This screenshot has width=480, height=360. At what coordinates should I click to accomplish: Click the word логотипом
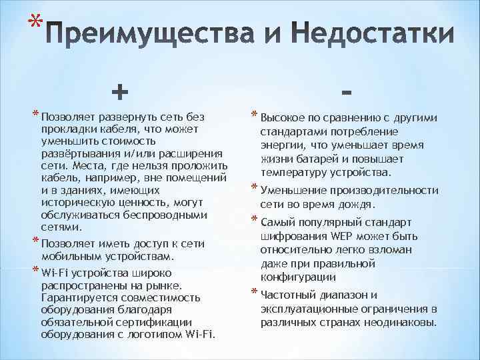click(x=154, y=333)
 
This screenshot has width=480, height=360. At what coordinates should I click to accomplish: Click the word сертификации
click(x=159, y=321)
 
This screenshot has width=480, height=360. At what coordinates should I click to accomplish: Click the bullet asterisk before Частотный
click(x=253, y=292)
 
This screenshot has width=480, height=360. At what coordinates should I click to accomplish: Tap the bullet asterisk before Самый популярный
click(x=253, y=220)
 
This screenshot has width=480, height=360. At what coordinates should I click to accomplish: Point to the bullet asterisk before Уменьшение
click(x=253, y=188)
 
